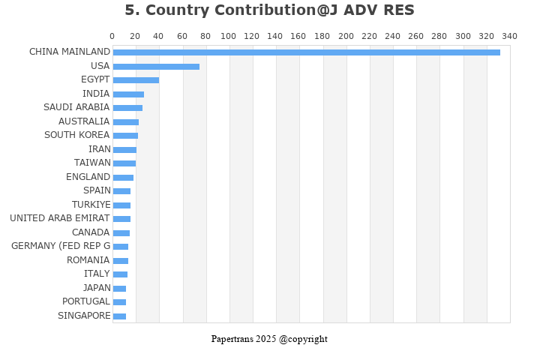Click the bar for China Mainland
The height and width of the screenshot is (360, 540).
(x=306, y=52)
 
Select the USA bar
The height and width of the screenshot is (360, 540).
(x=156, y=66)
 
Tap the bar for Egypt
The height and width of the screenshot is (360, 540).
(x=136, y=79)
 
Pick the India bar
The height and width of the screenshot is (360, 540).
(x=128, y=94)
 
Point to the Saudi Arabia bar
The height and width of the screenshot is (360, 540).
(x=127, y=107)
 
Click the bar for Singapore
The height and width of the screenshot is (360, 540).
(x=119, y=316)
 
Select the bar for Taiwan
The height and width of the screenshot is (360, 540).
(x=124, y=163)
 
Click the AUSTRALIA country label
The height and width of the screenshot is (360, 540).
(x=84, y=121)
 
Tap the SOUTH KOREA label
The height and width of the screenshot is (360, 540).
(x=77, y=135)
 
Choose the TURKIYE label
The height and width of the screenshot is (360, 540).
(x=91, y=205)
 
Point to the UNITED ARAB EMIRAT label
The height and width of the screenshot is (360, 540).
(x=60, y=218)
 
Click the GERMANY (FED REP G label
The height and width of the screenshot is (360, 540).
(x=61, y=246)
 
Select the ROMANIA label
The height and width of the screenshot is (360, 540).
(x=88, y=260)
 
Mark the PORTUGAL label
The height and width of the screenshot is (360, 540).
(x=86, y=301)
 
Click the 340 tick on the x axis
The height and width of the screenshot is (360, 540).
(x=510, y=36)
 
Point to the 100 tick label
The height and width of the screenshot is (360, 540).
(x=229, y=36)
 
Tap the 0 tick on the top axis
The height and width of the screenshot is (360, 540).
(x=112, y=36)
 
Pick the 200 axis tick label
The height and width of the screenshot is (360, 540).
(x=346, y=36)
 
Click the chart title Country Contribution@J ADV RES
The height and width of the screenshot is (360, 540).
(x=269, y=10)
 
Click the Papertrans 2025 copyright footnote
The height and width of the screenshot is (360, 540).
(x=269, y=339)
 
